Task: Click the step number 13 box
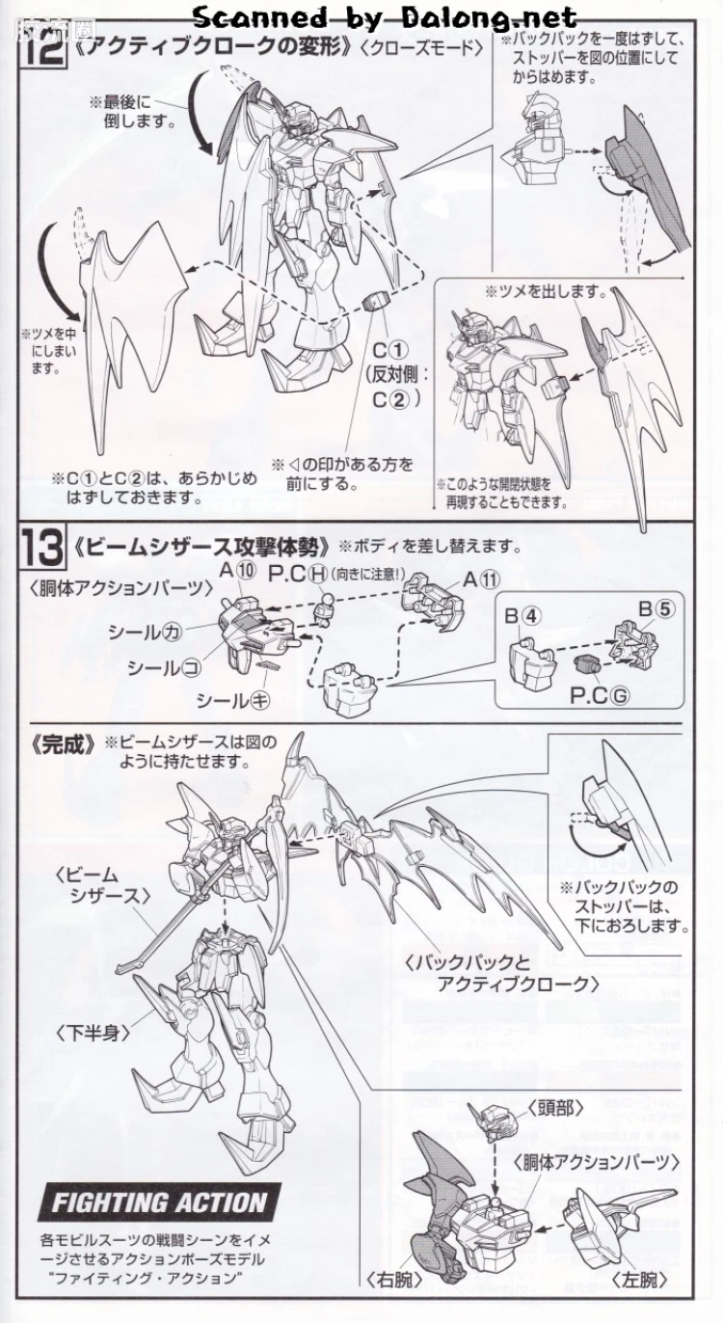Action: tap(43, 547)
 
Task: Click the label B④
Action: tap(522, 616)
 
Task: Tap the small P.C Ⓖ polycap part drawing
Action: tap(586, 665)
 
